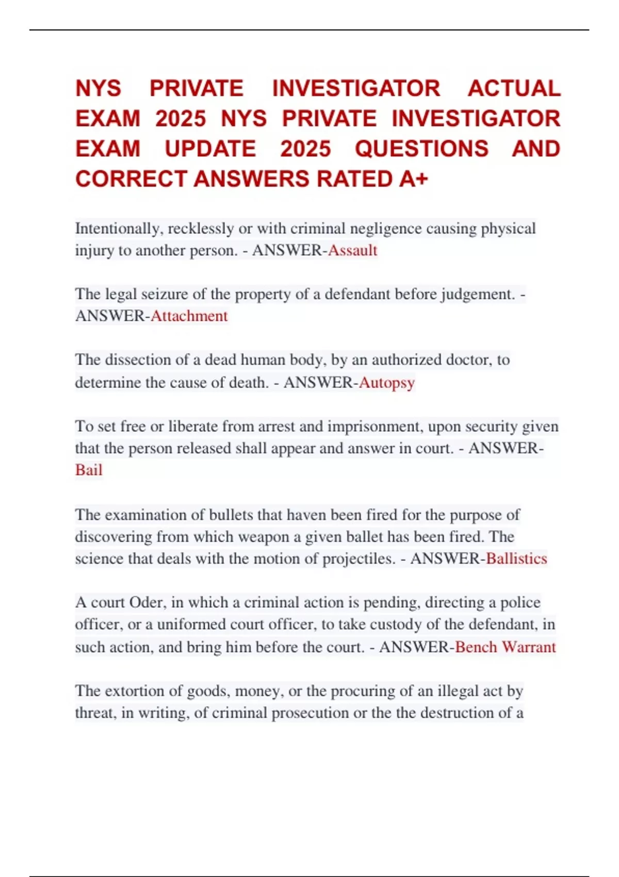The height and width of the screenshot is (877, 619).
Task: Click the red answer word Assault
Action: (353, 251)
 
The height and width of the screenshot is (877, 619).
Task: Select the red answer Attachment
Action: (189, 316)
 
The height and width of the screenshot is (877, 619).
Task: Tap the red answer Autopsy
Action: (387, 383)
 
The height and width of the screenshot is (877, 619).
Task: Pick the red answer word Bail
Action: (89, 470)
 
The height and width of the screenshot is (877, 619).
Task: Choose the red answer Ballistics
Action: (516, 559)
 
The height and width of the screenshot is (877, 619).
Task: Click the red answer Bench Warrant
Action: (506, 647)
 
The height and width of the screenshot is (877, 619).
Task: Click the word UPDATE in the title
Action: (210, 149)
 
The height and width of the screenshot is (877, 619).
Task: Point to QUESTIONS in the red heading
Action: (421, 149)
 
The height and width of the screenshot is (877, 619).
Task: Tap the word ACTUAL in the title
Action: (514, 88)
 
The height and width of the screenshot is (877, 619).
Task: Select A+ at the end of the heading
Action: (414, 179)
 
